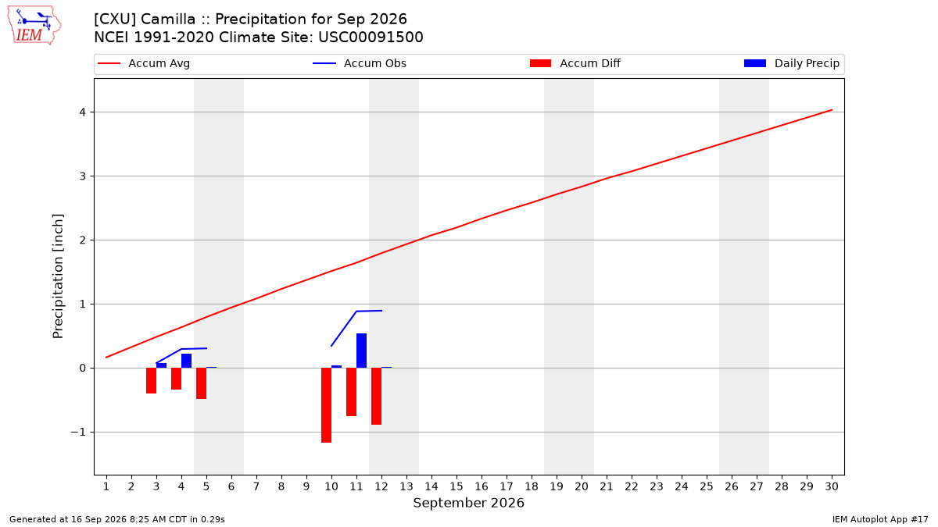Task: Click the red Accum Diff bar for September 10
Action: pyautogui.click(x=326, y=405)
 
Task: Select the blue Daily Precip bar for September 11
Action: pyautogui.click(x=361, y=351)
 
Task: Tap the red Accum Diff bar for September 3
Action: pyautogui.click(x=151, y=381)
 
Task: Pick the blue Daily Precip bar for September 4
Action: pyautogui.click(x=186, y=361)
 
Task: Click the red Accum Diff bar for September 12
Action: pyautogui.click(x=377, y=396)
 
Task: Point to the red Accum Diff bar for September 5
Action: pyautogui.click(x=202, y=383)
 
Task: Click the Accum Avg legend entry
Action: pyautogui.click(x=144, y=63)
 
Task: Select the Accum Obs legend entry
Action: pyautogui.click(x=360, y=63)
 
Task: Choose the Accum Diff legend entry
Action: pyautogui.click(x=575, y=63)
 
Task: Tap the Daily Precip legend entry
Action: pyautogui.click(x=791, y=63)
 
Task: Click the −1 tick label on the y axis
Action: pyautogui.click(x=78, y=432)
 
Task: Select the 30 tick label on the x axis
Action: pyautogui.click(x=832, y=486)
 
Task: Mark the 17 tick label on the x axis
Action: pyautogui.click(x=507, y=486)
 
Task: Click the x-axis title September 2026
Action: pyautogui.click(x=468, y=503)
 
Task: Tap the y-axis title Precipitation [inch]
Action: pyautogui.click(x=58, y=276)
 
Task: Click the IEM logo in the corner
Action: pyautogui.click(x=34, y=26)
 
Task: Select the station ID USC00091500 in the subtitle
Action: pyautogui.click(x=371, y=37)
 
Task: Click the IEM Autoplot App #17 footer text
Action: pyautogui.click(x=880, y=519)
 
